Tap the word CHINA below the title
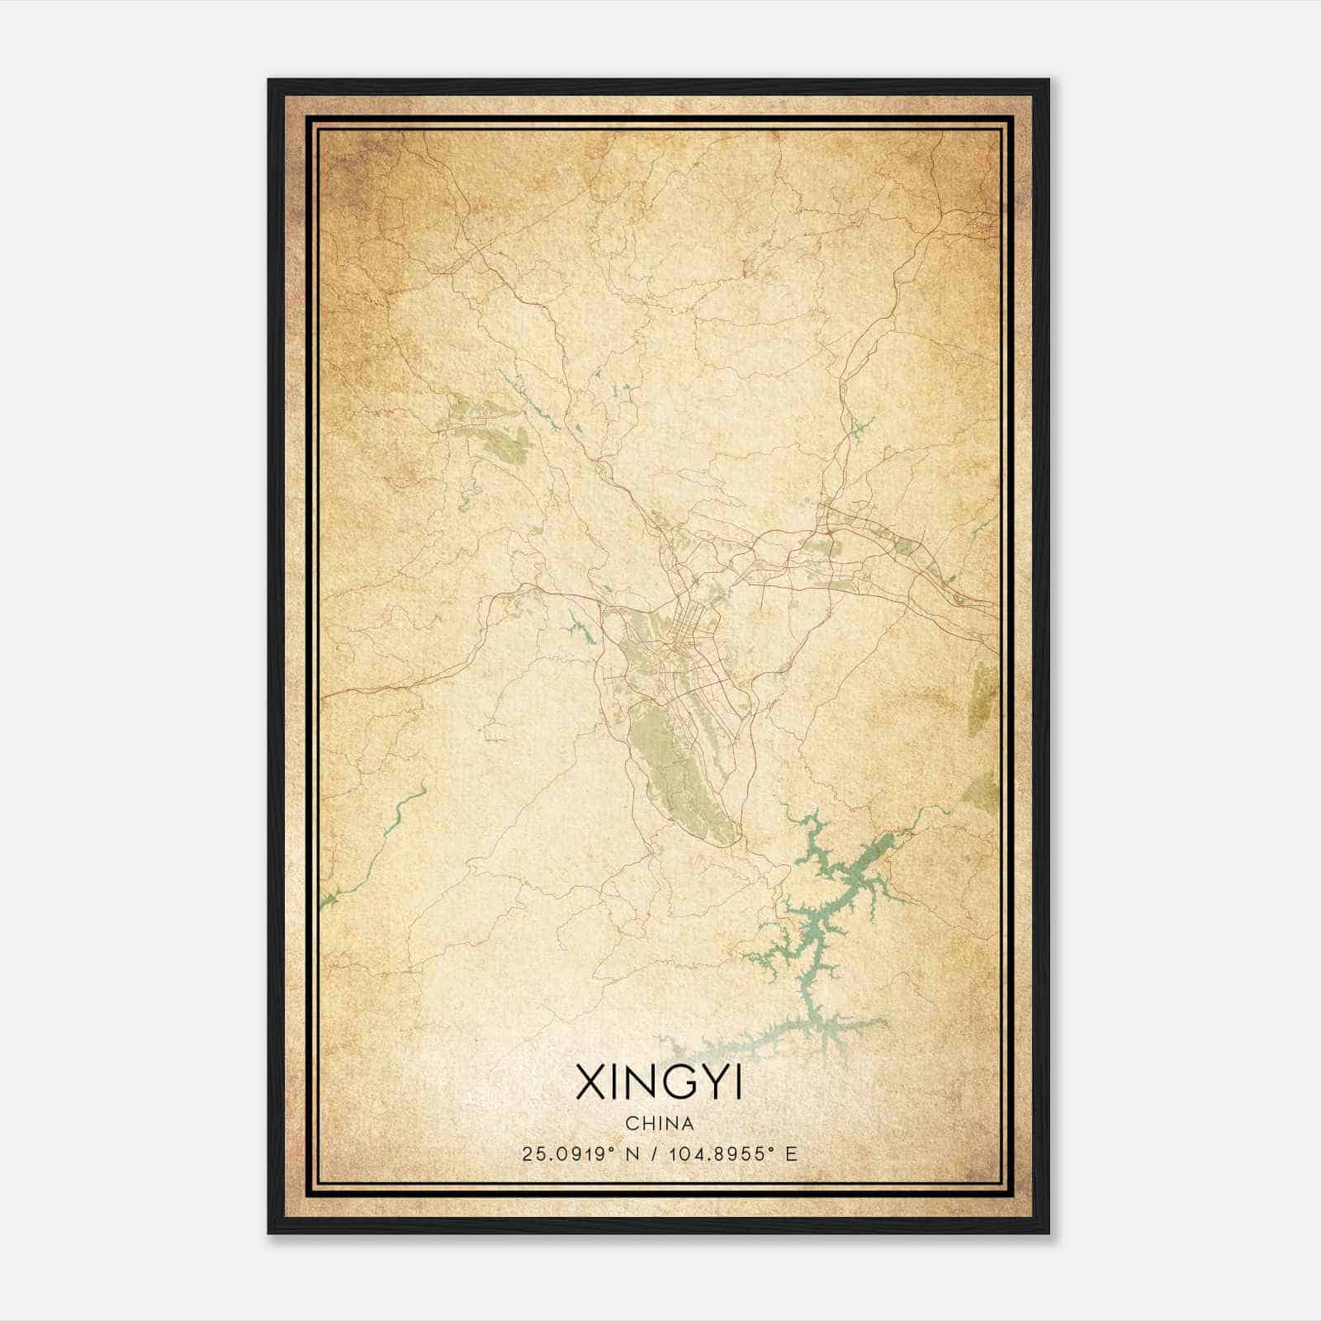[659, 1124]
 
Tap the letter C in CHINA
[631, 1124]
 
